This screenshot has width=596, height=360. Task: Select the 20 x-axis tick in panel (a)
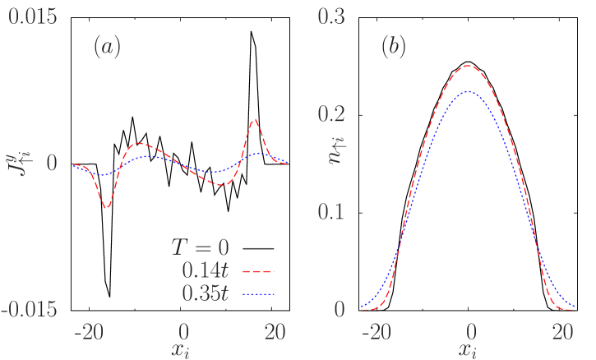coord(276,331)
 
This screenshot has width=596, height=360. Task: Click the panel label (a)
coord(107,48)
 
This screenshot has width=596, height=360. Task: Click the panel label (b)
coord(393,48)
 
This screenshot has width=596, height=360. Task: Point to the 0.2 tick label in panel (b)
coord(334,114)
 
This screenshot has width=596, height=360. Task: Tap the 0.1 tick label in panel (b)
coord(334,211)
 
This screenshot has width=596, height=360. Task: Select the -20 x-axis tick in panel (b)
coord(375,331)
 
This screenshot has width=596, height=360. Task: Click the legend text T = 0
coord(200,247)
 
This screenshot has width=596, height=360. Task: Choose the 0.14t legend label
coord(206,270)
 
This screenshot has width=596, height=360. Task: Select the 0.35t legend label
coord(206,293)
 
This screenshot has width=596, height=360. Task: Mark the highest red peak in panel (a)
coord(255,119)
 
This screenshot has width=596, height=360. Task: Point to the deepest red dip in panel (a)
coord(107,208)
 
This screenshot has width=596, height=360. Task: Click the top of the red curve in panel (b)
coord(468,66)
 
